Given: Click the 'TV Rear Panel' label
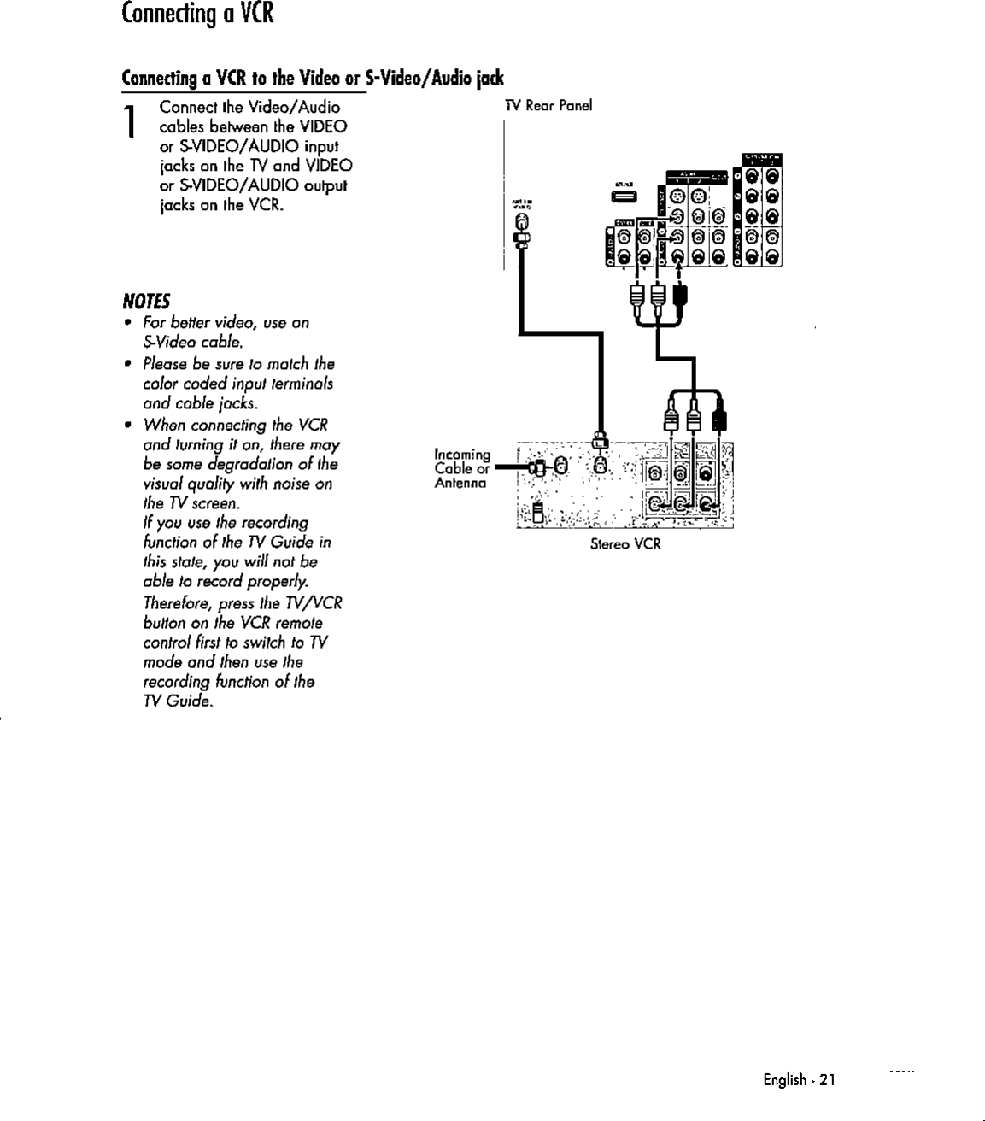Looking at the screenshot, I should point(548,106).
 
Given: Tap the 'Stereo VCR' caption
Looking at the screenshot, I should point(625,543).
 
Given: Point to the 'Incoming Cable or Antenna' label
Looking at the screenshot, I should point(461,469).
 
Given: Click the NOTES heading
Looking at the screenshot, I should point(146,302).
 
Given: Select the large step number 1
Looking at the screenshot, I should point(130,122).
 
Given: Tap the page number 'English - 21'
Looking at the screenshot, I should point(799,1080).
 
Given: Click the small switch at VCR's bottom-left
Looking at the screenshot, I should point(537,513).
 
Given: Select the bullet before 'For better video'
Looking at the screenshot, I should point(127,323).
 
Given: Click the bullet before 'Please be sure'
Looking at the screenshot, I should point(127,364).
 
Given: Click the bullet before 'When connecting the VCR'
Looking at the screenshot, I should point(127,426).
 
